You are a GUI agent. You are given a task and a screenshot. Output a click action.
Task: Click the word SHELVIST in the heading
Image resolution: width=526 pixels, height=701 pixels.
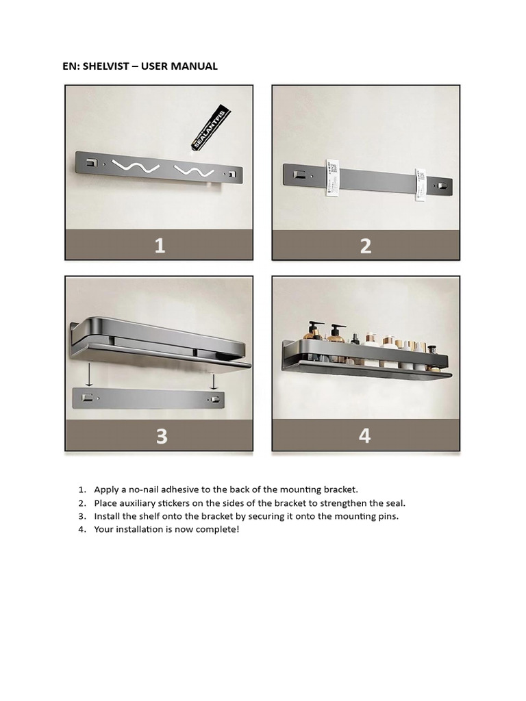coord(104,66)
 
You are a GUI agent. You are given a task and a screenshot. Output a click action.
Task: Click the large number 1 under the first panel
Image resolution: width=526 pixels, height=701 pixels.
coord(159,245)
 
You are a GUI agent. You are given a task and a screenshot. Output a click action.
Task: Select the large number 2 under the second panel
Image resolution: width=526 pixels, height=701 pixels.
coord(366,245)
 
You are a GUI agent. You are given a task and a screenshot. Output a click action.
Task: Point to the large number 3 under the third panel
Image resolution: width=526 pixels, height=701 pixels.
coord(161,436)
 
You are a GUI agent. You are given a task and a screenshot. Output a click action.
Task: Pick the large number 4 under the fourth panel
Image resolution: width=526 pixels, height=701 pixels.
coord(365,435)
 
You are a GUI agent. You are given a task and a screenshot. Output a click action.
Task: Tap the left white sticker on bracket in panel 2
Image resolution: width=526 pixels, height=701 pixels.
coord(331,177)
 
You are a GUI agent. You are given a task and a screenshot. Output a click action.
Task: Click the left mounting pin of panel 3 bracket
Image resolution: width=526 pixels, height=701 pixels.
coord(87,398)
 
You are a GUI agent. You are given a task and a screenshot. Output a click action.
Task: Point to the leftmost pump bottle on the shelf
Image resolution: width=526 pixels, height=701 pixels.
coord(315,333)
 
